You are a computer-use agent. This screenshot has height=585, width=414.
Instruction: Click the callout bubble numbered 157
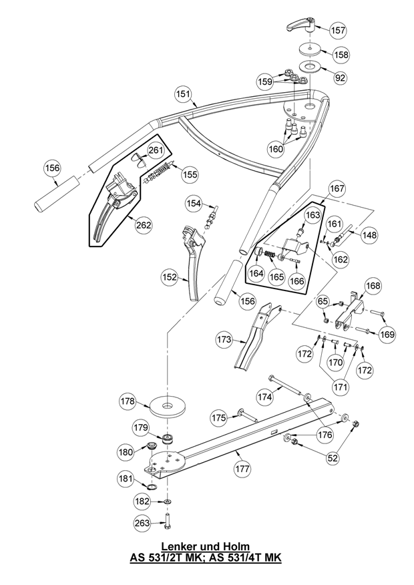point(337,30)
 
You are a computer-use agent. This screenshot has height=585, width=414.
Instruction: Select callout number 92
point(340,77)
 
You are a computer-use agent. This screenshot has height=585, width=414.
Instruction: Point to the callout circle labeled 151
point(183,94)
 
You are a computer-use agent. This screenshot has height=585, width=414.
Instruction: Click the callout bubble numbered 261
point(156,150)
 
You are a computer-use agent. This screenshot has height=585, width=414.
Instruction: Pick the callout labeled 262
point(144,225)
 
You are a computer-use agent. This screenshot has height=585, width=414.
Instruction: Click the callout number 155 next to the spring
point(190,174)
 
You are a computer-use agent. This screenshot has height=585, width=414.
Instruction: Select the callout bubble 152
point(170,277)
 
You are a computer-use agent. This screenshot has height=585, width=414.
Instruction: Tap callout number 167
point(337,188)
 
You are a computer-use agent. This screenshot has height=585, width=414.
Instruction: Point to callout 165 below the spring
point(276,277)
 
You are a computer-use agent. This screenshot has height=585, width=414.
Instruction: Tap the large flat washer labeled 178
point(168,405)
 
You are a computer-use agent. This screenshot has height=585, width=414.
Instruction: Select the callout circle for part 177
point(242,468)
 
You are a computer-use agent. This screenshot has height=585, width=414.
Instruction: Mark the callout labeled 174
point(265,397)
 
